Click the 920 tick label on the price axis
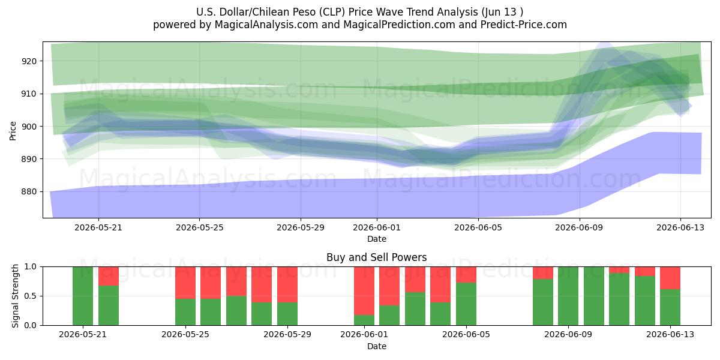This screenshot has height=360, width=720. pyautogui.click(x=29, y=61)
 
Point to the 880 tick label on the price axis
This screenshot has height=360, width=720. pyautogui.click(x=29, y=191)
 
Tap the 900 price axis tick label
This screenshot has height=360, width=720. pyautogui.click(x=29, y=127)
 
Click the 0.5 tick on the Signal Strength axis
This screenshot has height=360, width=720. pyautogui.click(x=31, y=296)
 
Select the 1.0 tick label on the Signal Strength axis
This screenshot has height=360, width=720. pyautogui.click(x=31, y=267)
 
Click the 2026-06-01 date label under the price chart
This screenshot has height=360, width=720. pyautogui.click(x=377, y=227)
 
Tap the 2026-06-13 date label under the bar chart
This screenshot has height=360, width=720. pyautogui.click(x=670, y=334)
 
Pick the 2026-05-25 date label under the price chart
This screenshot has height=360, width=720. pyautogui.click(x=199, y=227)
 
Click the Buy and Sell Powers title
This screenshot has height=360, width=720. pyautogui.click(x=377, y=257)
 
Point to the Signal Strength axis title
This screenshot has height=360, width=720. pyautogui.click(x=15, y=296)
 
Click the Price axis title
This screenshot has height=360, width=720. pyautogui.click(x=13, y=131)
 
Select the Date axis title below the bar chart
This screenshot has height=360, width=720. pyautogui.click(x=377, y=346)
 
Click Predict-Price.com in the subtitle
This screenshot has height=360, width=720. pyautogui.click(x=524, y=25)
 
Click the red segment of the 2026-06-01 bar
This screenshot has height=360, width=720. pyautogui.click(x=364, y=291)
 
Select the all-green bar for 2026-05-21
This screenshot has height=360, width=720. pyautogui.click(x=83, y=296)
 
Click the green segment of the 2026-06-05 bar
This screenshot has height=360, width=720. pyautogui.click(x=466, y=304)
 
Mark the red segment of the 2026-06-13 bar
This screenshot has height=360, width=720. pyautogui.click(x=670, y=278)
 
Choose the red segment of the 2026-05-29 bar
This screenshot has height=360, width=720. pyautogui.click(x=287, y=284)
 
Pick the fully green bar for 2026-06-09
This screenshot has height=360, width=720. pyautogui.click(x=568, y=296)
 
